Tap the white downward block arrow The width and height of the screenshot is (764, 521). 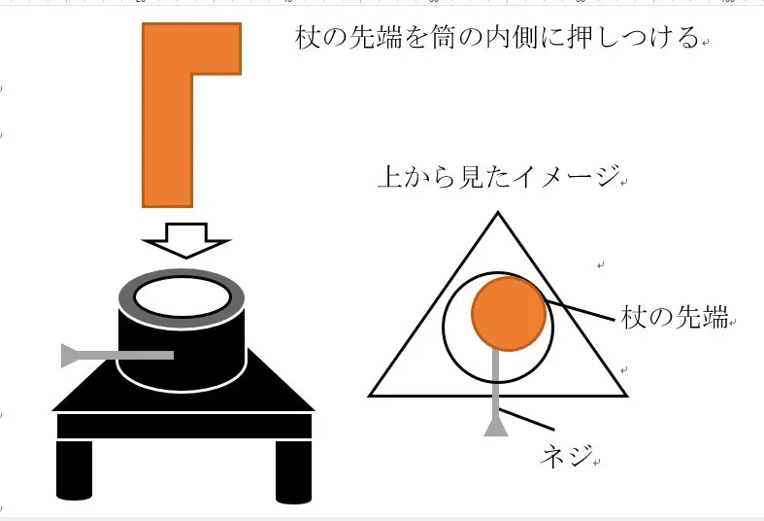[186, 240]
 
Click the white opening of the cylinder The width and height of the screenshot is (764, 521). [183, 297]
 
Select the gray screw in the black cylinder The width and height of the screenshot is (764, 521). [117, 355]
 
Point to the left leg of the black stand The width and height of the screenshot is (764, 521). [74, 470]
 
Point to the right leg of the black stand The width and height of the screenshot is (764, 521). [293, 471]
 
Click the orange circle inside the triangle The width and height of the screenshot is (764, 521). [509, 314]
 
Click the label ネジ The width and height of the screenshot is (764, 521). [567, 456]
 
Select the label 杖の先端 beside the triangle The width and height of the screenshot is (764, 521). [675, 317]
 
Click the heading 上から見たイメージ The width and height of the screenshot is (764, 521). [499, 176]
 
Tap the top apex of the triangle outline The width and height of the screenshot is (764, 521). [498, 213]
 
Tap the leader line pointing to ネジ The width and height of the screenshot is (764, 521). [527, 420]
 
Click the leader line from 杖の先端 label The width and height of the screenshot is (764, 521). [580, 310]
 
